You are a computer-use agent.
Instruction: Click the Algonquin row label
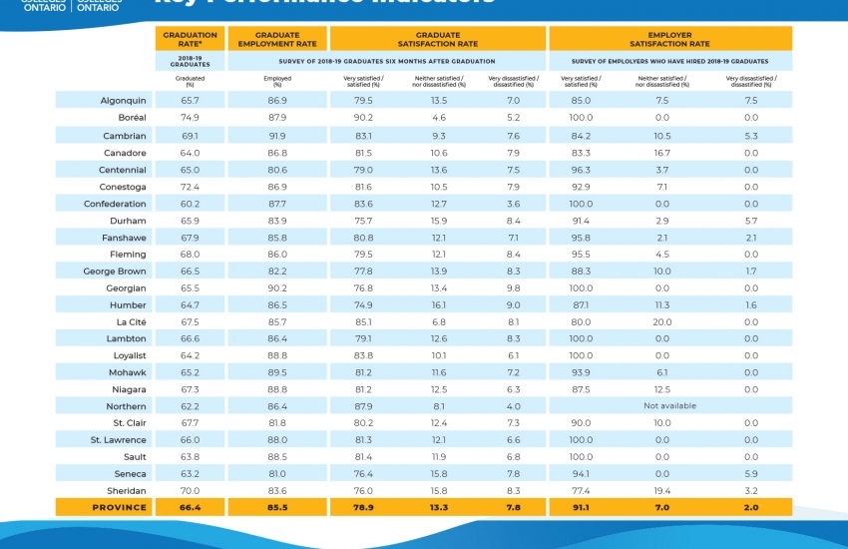point(123,101)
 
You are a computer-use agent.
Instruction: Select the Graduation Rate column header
point(190,39)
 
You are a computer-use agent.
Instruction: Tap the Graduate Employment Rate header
point(276,39)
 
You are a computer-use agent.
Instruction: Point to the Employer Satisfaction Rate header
point(670,39)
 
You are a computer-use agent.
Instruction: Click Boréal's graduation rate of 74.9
point(190,118)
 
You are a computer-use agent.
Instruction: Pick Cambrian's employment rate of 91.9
point(276,136)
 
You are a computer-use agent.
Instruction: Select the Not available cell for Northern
point(669,406)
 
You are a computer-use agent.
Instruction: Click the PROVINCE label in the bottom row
point(121,507)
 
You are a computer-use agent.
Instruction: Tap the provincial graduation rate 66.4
point(190,507)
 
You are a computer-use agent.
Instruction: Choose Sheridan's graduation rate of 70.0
point(190,490)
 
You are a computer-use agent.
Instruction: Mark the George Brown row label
point(115,271)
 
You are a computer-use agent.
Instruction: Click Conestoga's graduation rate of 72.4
point(190,187)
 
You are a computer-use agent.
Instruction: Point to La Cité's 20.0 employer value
point(661,321)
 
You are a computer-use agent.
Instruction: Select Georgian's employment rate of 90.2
point(276,287)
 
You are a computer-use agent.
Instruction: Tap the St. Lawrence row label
point(119,440)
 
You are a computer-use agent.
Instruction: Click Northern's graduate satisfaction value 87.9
point(363,406)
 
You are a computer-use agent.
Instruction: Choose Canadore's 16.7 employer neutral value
point(661,153)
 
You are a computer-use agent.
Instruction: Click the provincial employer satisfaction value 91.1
point(580,507)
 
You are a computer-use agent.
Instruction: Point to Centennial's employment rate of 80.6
point(276,170)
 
